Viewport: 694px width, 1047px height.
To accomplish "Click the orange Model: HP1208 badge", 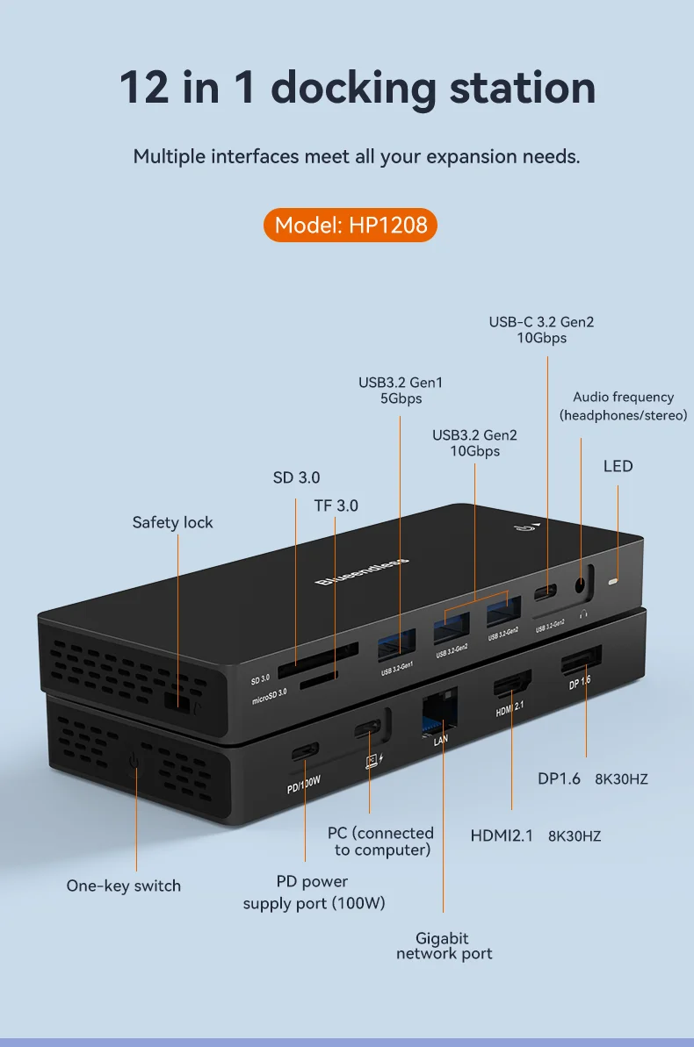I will coord(351,225).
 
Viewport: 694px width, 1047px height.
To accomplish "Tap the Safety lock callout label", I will coord(172,522).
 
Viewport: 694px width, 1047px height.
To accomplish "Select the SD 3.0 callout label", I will coord(296,477).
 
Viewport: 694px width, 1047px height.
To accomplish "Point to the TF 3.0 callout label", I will coord(336,506).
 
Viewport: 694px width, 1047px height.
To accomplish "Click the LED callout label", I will coord(618,466).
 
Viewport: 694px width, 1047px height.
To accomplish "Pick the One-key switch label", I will coord(123,886).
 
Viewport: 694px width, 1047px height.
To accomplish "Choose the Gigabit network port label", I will coord(444,946).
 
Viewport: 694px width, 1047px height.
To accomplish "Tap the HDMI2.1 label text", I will coord(502,835).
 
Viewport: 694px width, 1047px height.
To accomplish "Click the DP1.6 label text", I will coord(559,778).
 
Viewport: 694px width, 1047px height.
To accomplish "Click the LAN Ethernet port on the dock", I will coord(440,711).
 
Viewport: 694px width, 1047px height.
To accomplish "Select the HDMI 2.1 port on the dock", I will coord(511,687).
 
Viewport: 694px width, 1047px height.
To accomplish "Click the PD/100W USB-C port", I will coord(305,751).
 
